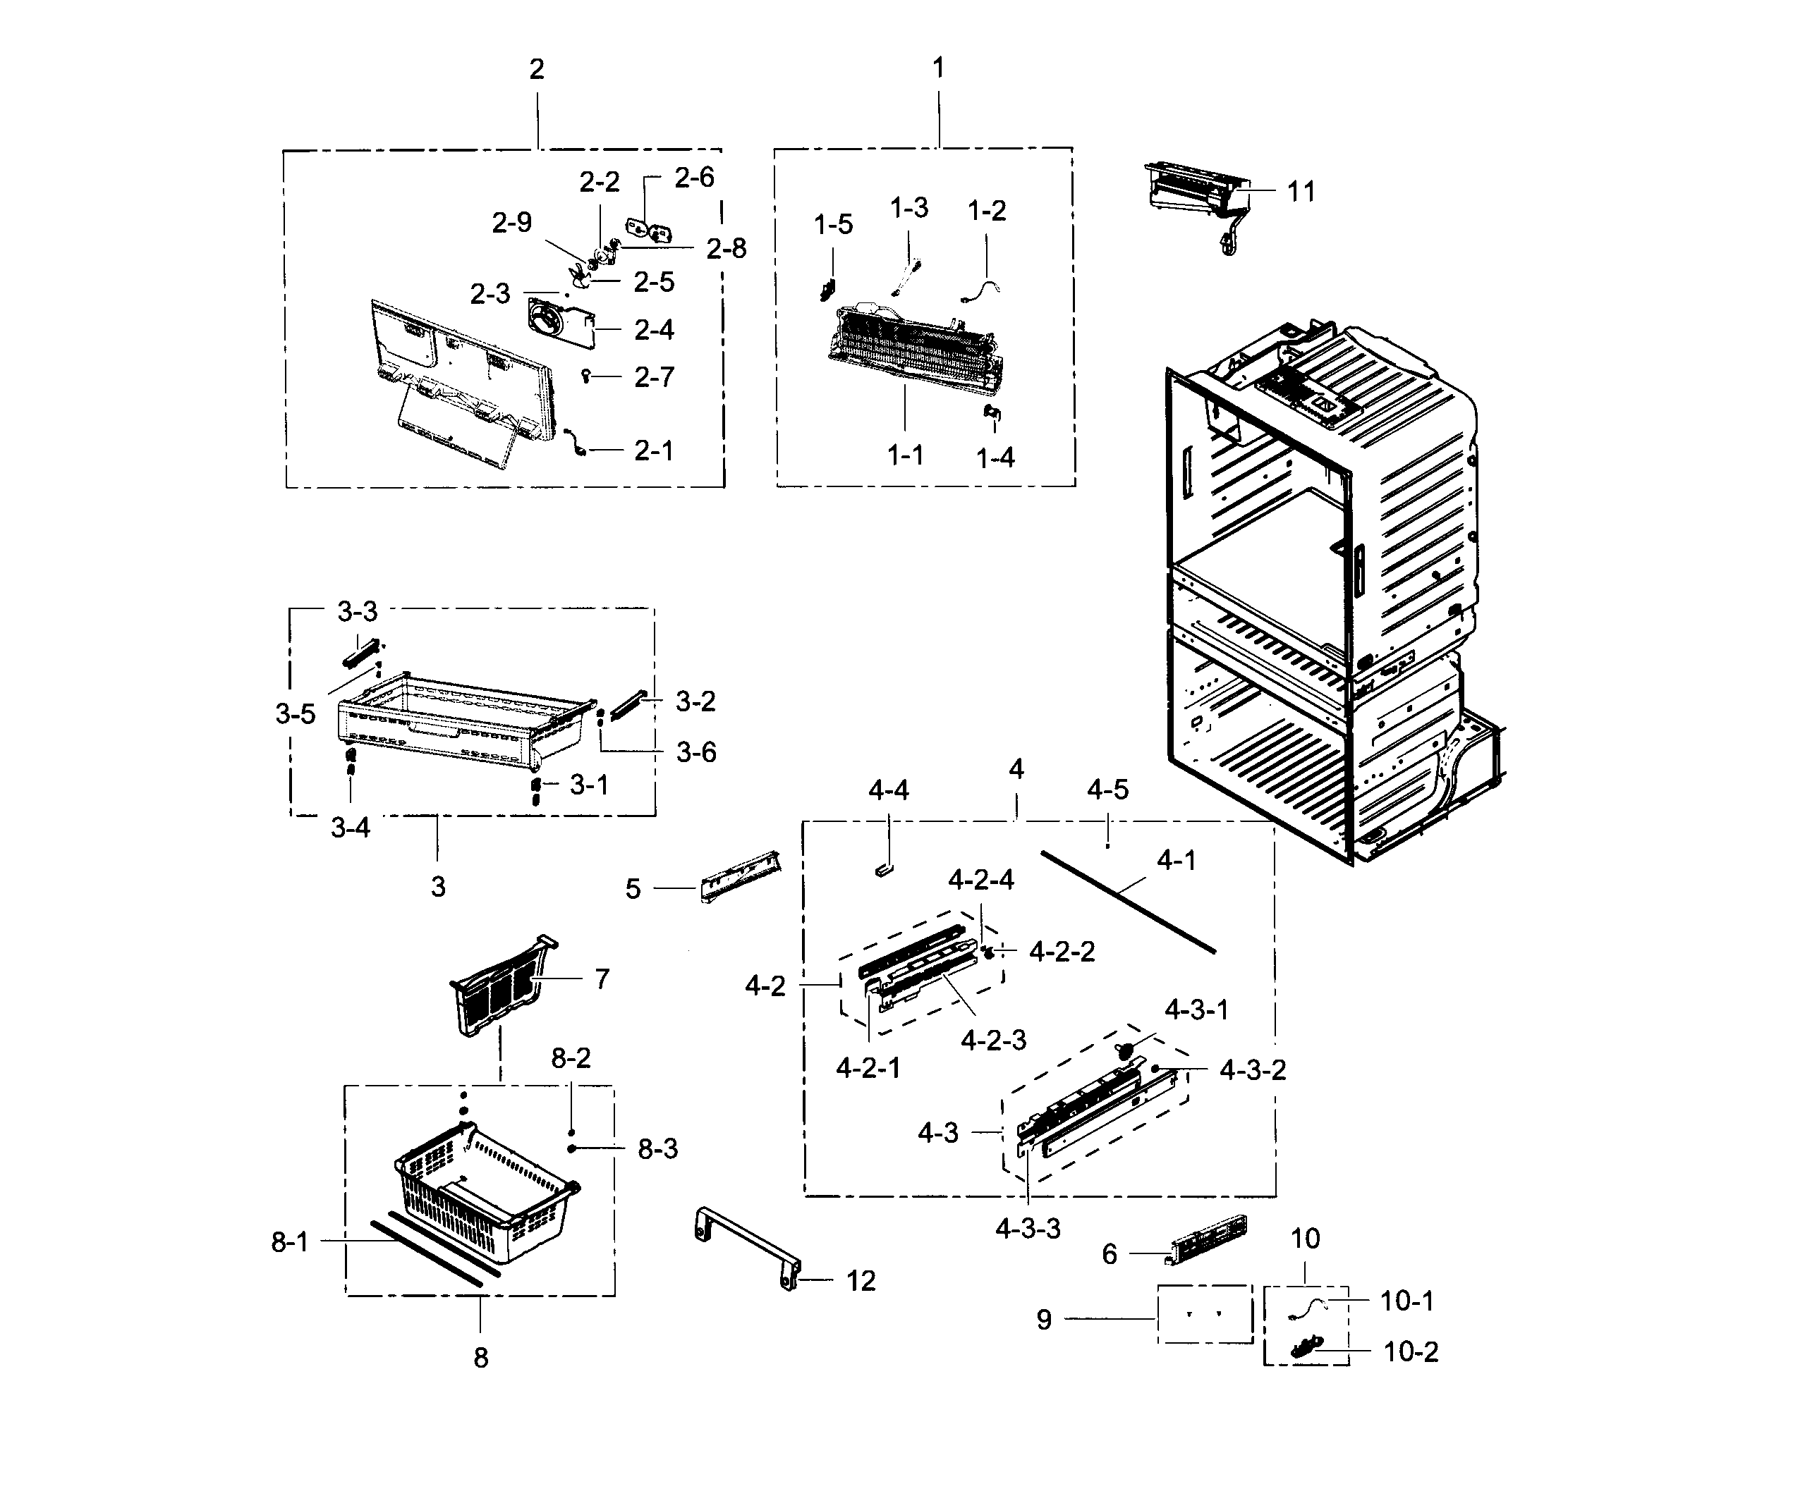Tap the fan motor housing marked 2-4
point(557,325)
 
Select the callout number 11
point(1301,192)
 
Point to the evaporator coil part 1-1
point(913,354)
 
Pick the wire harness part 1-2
point(982,290)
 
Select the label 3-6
point(696,753)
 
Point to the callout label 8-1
point(289,1242)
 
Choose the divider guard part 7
point(499,986)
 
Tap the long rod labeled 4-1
point(1127,900)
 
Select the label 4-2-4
point(980,880)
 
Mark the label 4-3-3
point(1027,1229)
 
